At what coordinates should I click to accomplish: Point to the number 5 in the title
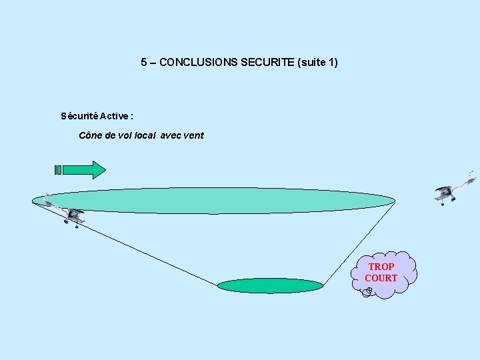(144, 63)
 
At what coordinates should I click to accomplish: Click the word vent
(192, 135)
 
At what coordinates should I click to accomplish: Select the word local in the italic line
(145, 135)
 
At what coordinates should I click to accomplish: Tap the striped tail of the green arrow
(58, 169)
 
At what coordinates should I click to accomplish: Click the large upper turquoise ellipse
(213, 200)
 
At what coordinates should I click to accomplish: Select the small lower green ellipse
(270, 285)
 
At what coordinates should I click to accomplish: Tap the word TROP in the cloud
(381, 266)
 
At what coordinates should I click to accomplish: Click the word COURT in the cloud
(381, 278)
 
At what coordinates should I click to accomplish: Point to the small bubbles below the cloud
(367, 291)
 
